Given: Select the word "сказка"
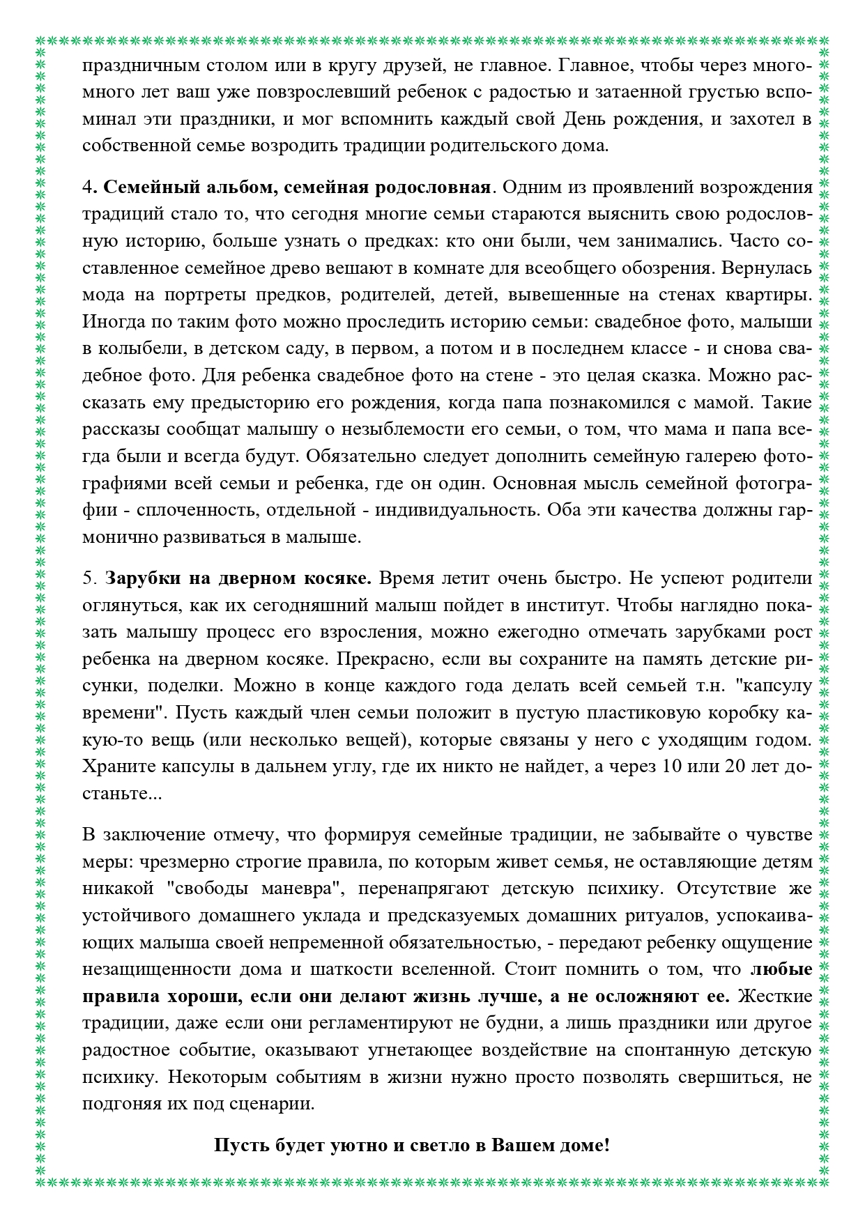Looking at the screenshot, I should tap(666, 376).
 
